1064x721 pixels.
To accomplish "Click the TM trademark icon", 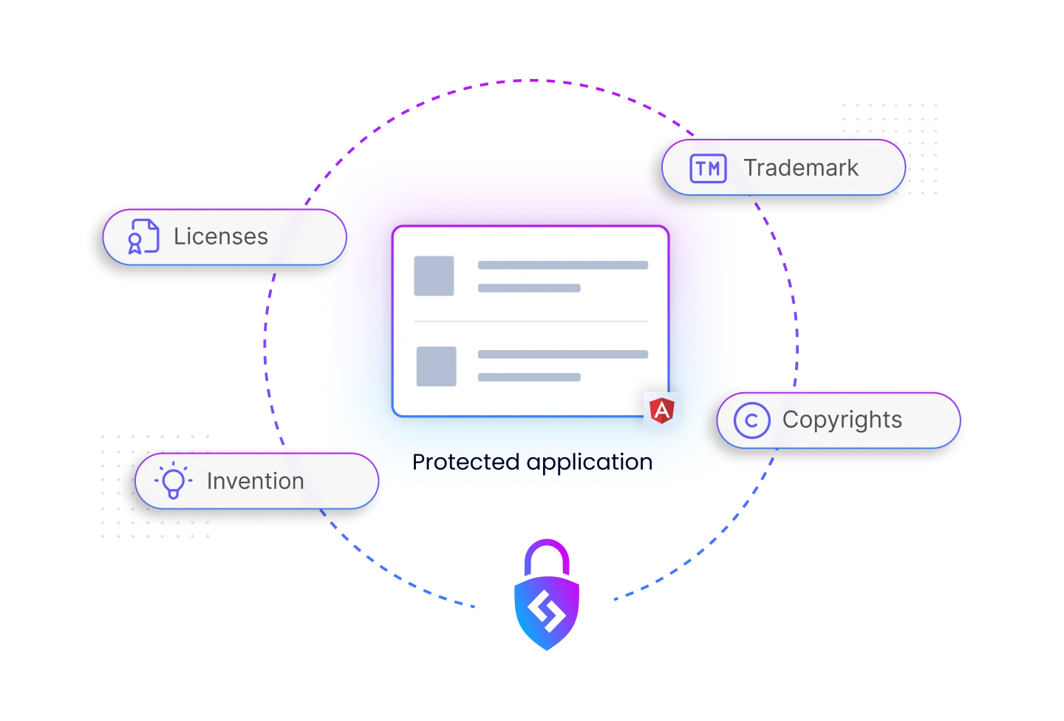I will tap(708, 168).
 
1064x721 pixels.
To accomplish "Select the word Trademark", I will tap(801, 168).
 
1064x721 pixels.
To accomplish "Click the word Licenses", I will tap(221, 236).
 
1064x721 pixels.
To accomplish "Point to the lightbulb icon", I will tap(173, 481).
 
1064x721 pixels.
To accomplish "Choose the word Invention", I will tap(255, 481).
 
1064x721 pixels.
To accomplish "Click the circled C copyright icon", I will tap(751, 420).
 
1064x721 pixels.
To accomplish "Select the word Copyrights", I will tap(842, 420).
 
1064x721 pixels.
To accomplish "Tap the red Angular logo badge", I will tap(662, 411).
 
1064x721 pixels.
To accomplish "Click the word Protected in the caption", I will tap(465, 462).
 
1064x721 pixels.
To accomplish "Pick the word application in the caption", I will tap(590, 462).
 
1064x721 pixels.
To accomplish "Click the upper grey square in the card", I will tap(434, 276).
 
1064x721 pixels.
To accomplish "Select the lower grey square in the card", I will tap(436, 366).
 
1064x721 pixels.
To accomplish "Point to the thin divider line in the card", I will tap(531, 321).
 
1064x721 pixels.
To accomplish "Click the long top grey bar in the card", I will tap(562, 264).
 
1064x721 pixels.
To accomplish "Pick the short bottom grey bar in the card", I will tap(528, 377).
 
